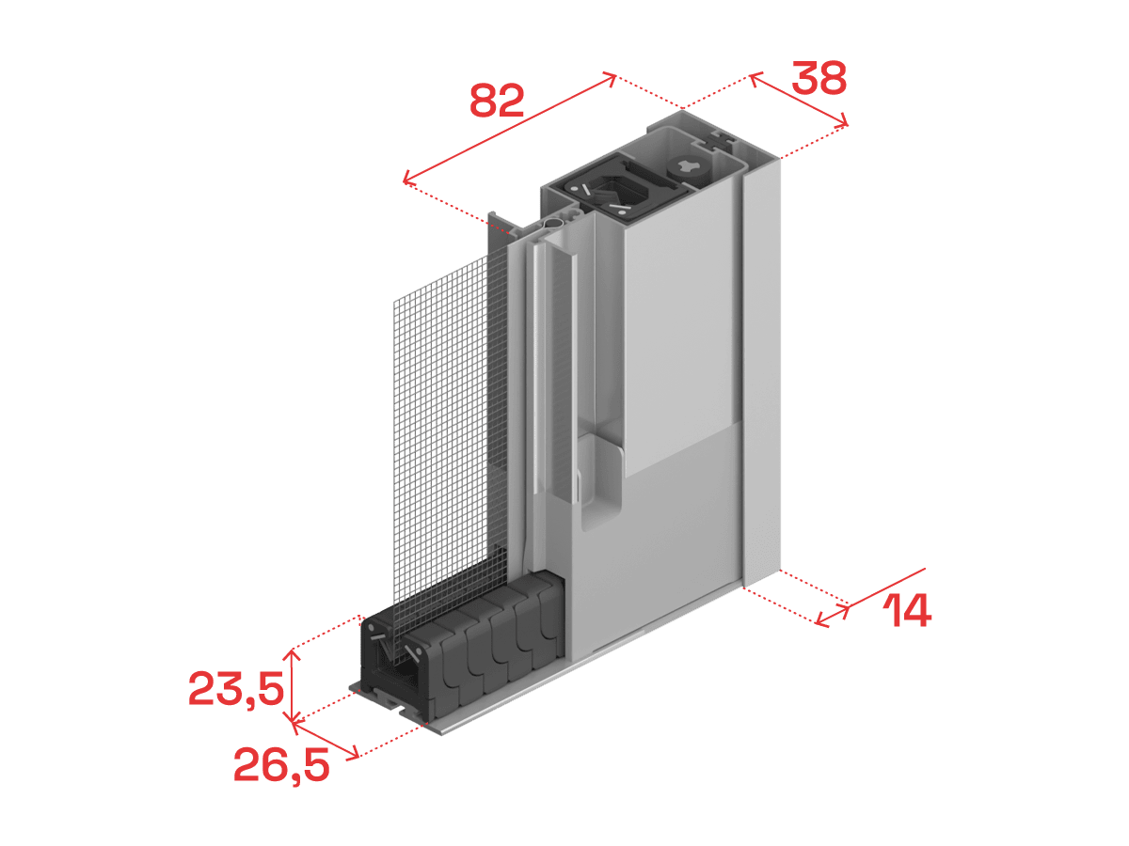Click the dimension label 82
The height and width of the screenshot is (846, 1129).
click(497, 101)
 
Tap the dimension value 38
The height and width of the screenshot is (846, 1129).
click(819, 78)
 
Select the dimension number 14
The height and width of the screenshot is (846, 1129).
click(906, 610)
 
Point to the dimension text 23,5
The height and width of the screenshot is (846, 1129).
click(236, 689)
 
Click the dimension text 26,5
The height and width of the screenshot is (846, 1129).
click(281, 766)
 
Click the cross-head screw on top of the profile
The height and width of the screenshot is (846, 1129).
click(690, 168)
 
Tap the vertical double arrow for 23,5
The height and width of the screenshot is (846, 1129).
click(293, 686)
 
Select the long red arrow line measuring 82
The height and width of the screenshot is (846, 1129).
click(509, 129)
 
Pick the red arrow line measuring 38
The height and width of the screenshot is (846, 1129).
click(798, 100)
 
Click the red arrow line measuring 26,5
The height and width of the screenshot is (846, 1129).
click(326, 740)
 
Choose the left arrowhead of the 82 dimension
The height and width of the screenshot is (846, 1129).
click(407, 179)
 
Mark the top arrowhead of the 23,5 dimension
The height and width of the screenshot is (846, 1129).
click(293, 654)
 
